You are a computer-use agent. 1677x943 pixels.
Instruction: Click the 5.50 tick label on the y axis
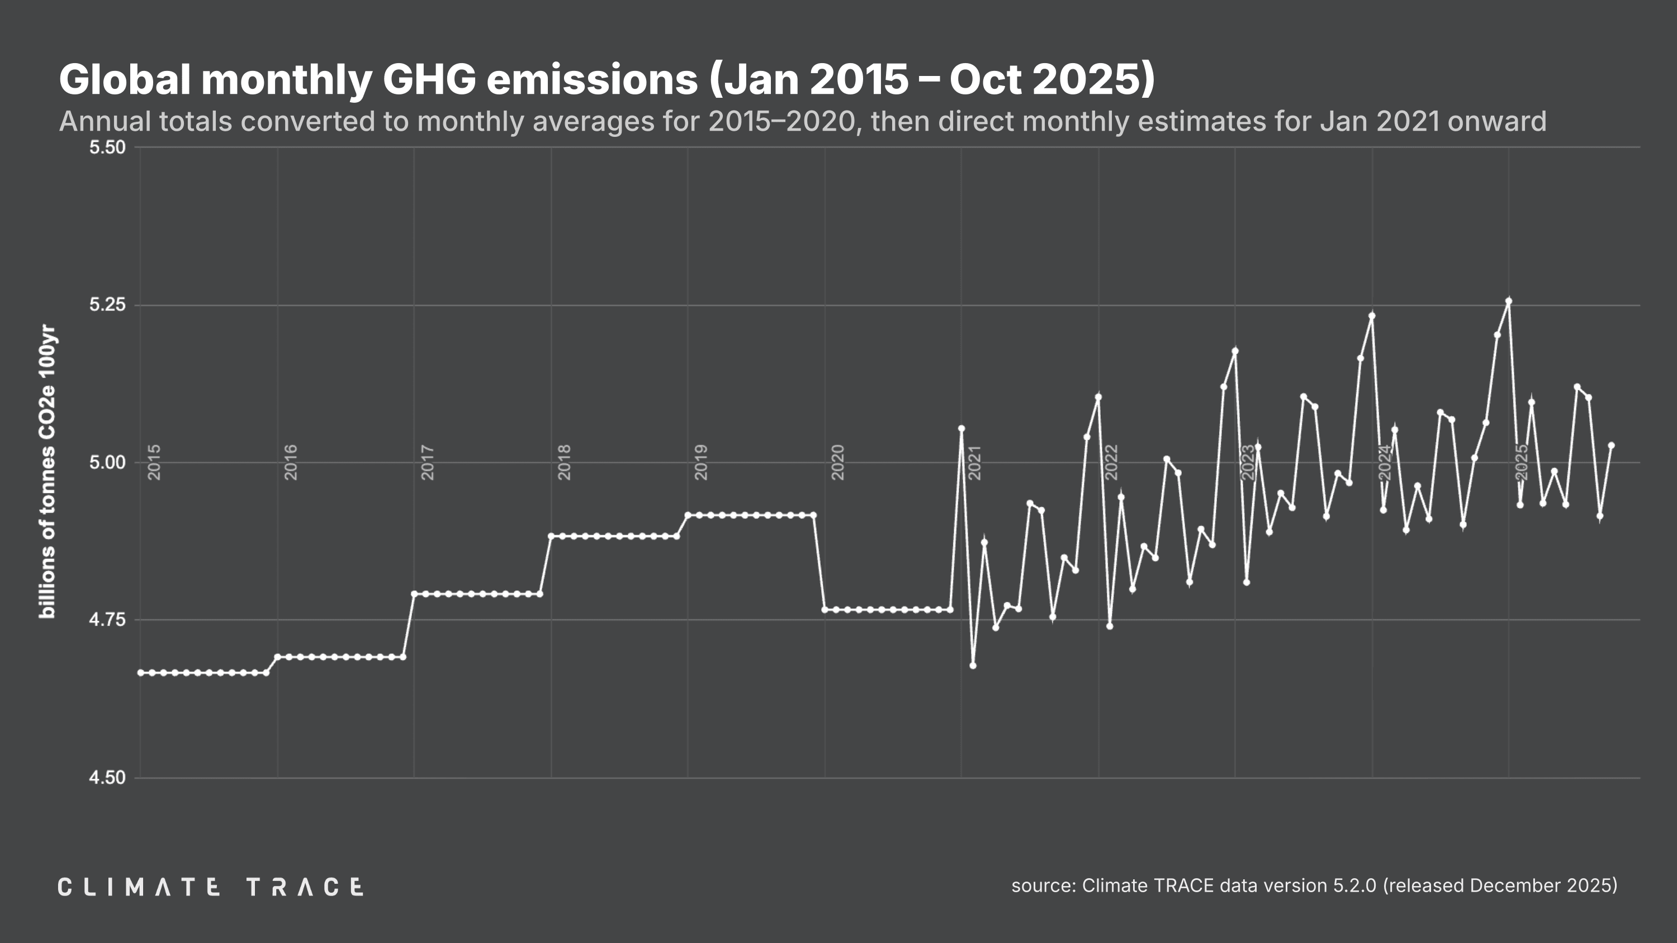(107, 147)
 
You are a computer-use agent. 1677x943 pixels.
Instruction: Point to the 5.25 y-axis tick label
(107, 304)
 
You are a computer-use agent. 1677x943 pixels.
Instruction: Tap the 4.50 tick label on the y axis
(107, 778)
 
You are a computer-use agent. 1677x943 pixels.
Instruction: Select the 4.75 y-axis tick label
(107, 620)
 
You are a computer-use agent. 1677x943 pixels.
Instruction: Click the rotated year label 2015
(154, 462)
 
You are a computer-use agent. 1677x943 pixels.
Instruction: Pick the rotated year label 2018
(565, 462)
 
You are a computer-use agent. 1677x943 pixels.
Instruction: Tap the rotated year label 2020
(838, 462)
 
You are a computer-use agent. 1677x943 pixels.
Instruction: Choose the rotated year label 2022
(1111, 462)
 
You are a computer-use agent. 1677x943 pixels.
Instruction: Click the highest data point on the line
(1508, 301)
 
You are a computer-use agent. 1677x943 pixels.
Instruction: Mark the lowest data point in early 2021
(973, 665)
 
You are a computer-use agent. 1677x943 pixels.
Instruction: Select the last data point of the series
(1611, 446)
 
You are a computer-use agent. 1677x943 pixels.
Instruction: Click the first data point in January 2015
(141, 672)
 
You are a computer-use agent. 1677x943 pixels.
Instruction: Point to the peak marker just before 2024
(1372, 316)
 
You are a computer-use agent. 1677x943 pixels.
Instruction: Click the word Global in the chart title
(124, 79)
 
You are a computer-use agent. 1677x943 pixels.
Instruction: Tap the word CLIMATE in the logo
(139, 887)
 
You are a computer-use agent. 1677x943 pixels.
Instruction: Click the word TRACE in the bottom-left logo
(305, 887)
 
